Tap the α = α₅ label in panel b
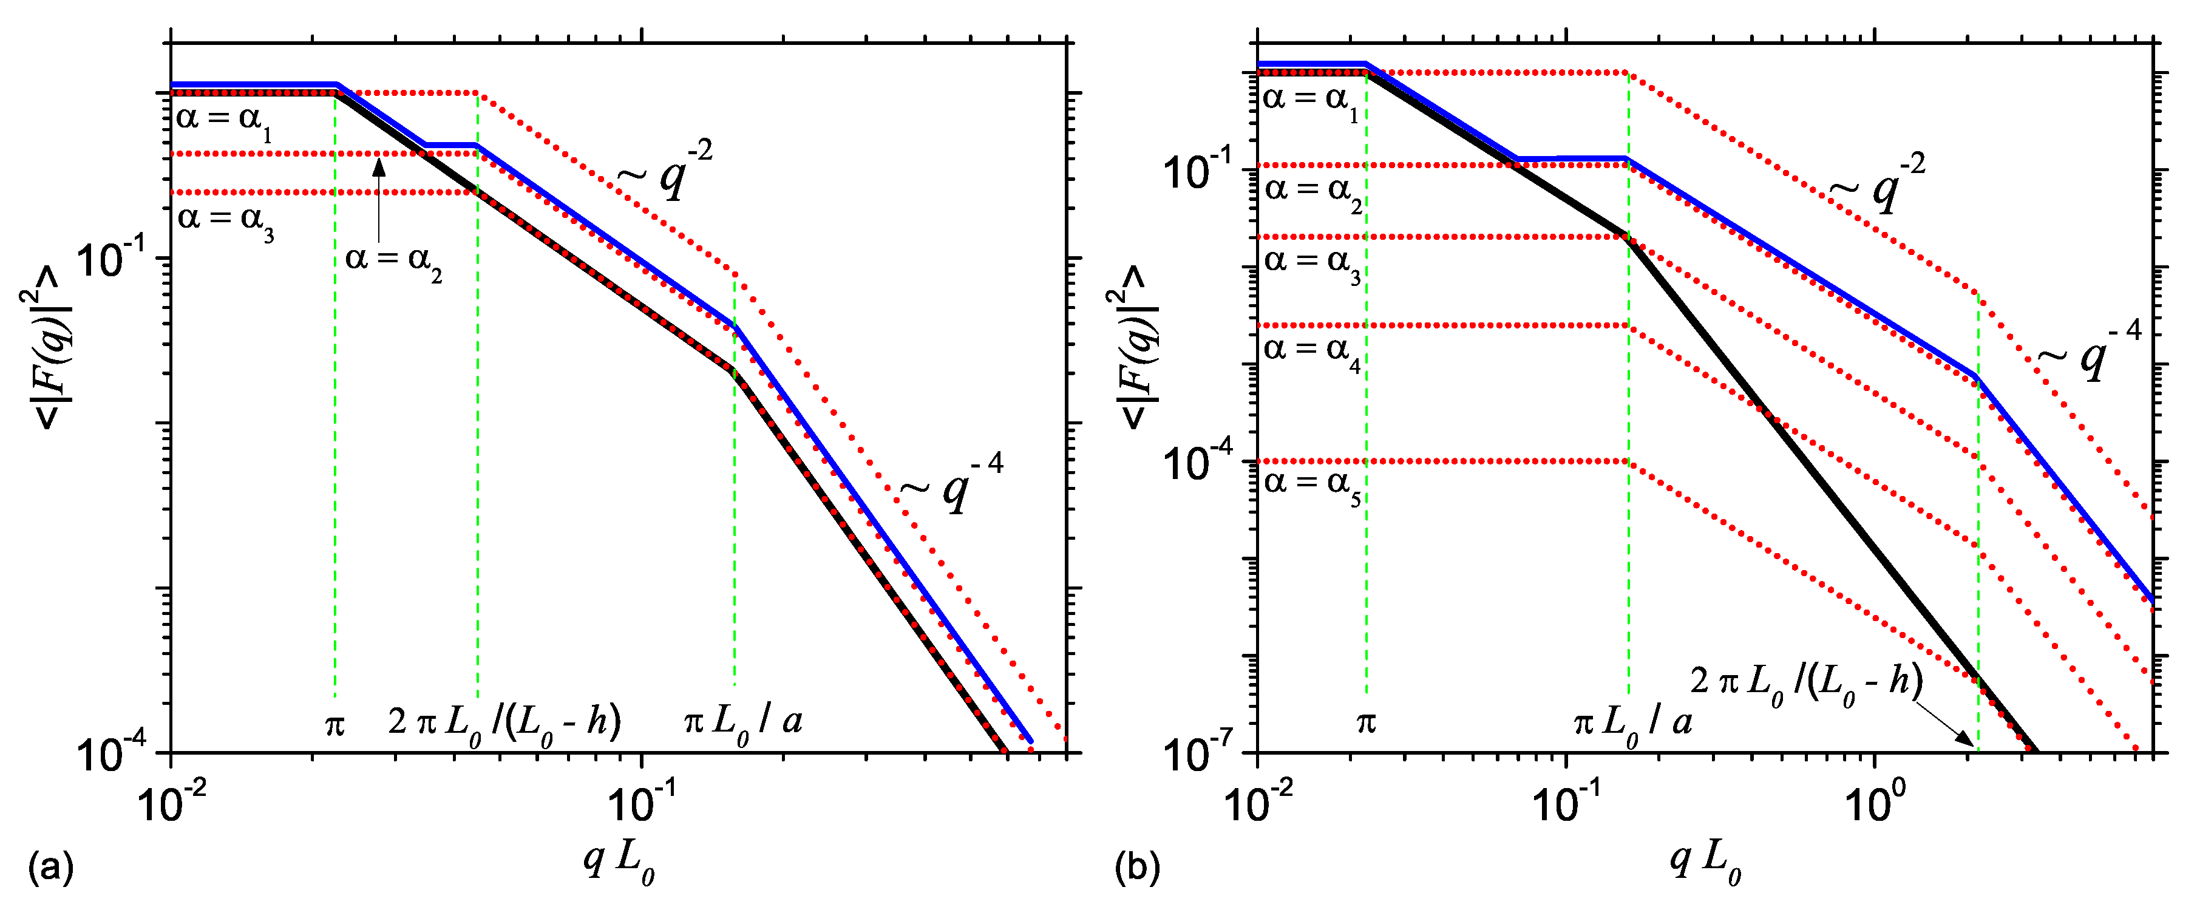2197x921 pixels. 1311,486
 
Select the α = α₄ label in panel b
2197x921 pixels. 1311,352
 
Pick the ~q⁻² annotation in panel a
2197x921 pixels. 665,170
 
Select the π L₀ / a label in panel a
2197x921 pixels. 742,723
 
